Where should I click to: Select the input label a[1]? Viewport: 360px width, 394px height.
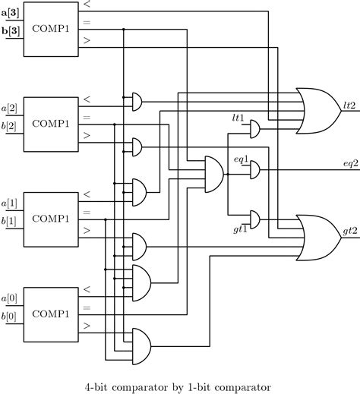coord(12,203)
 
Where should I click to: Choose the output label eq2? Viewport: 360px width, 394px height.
coord(349,164)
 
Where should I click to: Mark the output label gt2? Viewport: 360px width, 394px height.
coord(349,230)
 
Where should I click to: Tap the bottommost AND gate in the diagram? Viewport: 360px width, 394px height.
coord(141,339)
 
